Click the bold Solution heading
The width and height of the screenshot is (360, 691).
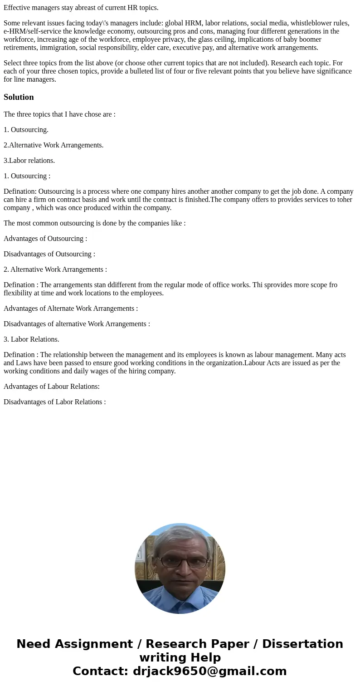pos(19,97)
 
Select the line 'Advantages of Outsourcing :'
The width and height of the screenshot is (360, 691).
pos(45,239)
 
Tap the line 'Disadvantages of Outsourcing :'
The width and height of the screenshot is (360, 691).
pos(49,254)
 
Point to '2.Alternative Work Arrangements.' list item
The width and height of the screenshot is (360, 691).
pos(54,145)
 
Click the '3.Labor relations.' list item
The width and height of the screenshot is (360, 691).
pos(29,161)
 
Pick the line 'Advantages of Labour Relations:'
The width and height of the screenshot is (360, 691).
pos(52,387)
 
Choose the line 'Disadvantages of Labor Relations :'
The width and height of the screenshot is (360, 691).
pos(54,402)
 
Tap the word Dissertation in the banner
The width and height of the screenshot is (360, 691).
pos(302,644)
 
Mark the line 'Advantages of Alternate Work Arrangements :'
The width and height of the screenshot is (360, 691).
pos(71,309)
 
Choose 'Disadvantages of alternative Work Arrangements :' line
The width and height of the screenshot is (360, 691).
pos(77,324)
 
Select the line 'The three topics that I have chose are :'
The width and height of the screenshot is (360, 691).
pos(59,114)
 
